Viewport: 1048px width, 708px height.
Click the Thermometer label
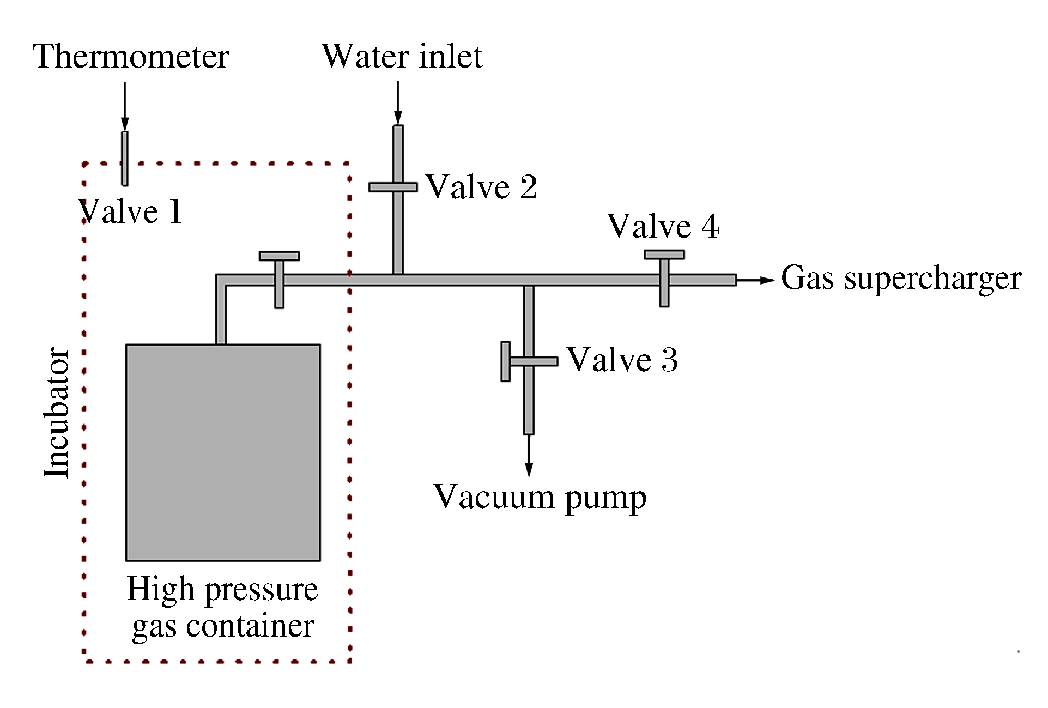pos(131,57)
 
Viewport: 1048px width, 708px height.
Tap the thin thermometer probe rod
pos(125,158)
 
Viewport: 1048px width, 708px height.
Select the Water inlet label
pos(402,57)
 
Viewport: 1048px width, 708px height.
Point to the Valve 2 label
pos(481,187)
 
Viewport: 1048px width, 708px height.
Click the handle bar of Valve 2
pos(393,187)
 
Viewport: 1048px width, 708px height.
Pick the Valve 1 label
pos(131,212)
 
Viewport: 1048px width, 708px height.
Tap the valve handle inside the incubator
pos(279,256)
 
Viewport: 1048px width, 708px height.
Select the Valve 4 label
pos(663,226)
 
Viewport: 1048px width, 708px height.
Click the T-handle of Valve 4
pos(664,255)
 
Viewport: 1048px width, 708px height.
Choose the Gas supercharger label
pos(901,279)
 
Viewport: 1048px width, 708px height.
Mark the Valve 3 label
pos(622,360)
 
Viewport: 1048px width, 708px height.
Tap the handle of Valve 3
pos(506,361)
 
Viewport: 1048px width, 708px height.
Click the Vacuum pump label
pos(540,498)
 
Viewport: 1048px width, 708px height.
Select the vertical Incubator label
pos(57,413)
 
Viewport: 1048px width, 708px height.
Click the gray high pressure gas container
pos(223,452)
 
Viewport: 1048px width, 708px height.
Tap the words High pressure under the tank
pos(222,590)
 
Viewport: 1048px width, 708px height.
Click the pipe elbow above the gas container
pos(221,280)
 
